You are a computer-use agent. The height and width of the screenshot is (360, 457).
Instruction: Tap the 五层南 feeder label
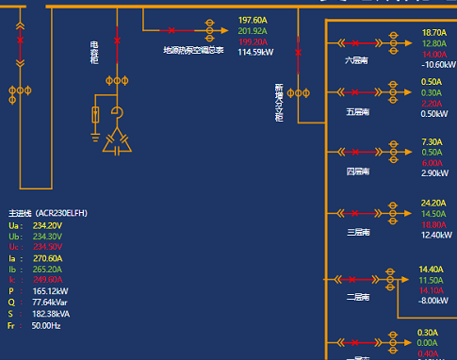click(x=357, y=111)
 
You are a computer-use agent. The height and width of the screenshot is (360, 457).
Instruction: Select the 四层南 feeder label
click(x=357, y=172)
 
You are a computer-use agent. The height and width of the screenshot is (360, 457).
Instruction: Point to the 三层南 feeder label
click(x=357, y=232)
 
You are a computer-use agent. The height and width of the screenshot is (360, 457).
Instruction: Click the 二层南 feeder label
click(x=357, y=297)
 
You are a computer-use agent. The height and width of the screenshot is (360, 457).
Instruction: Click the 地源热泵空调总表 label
click(x=193, y=51)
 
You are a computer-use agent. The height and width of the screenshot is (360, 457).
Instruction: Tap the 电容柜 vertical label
click(x=94, y=52)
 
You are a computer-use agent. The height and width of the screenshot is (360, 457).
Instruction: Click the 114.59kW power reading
click(x=255, y=53)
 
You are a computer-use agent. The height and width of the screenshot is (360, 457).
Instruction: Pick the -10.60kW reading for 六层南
click(x=438, y=65)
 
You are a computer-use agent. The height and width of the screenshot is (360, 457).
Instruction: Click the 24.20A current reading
click(x=433, y=204)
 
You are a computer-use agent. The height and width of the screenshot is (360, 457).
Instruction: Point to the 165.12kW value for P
click(x=51, y=292)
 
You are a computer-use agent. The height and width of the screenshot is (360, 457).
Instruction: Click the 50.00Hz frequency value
click(x=46, y=325)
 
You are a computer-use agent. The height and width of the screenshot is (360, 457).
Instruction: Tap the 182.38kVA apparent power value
click(x=52, y=314)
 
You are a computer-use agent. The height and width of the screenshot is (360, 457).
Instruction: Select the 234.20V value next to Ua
click(x=47, y=226)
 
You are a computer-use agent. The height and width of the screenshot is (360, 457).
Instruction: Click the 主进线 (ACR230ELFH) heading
click(x=47, y=214)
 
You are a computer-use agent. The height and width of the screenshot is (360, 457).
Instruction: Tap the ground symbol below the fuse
click(x=94, y=132)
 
